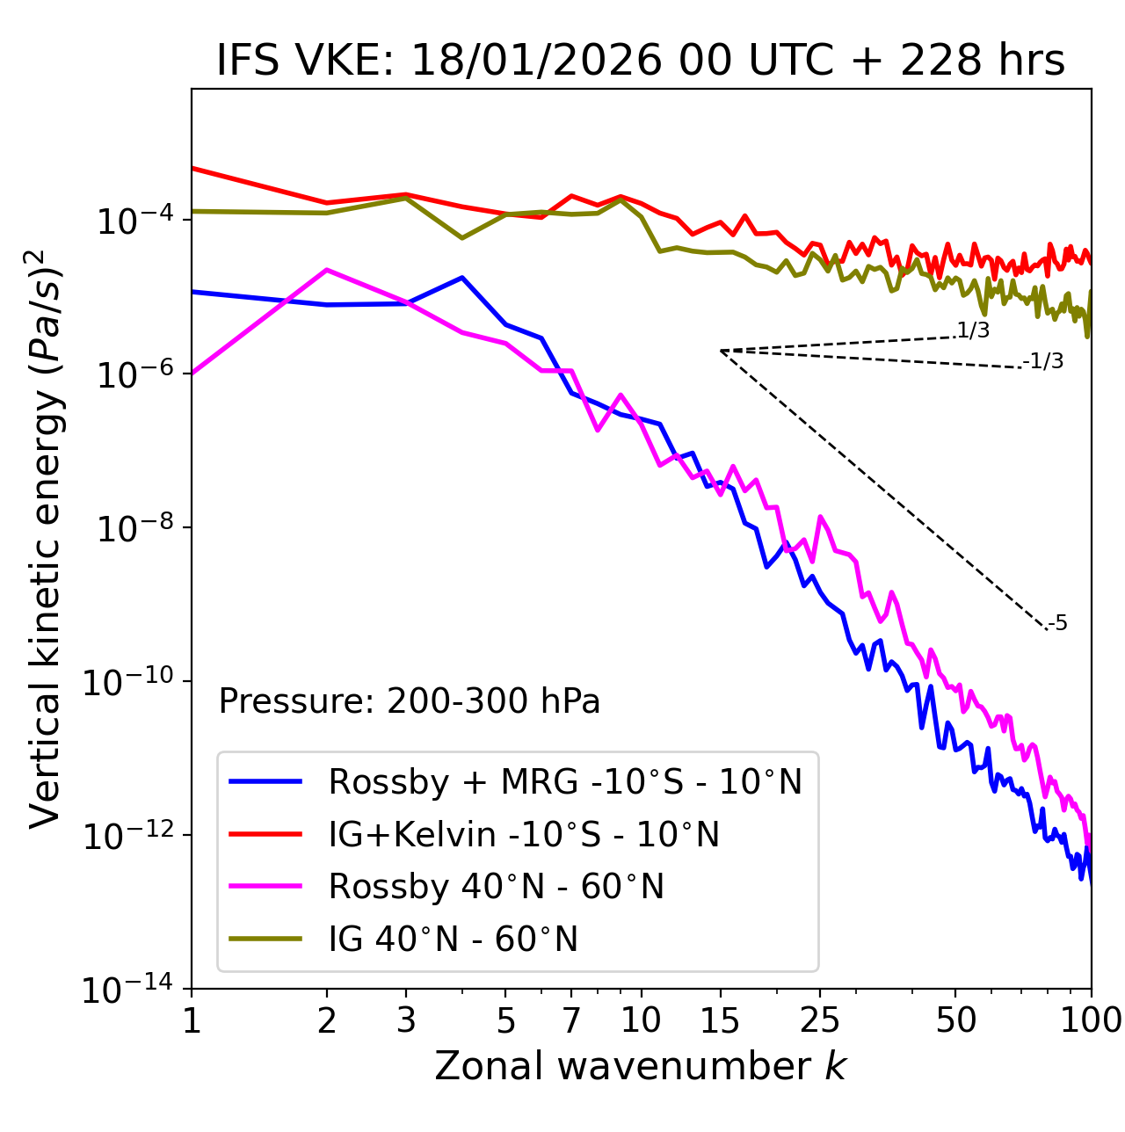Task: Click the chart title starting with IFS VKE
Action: tap(641, 62)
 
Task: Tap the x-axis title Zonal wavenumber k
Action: tap(641, 1065)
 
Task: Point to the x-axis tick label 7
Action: tap(571, 1020)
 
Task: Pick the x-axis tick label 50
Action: tap(955, 1020)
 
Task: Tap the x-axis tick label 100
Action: tap(1091, 1020)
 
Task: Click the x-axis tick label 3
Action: tap(406, 1020)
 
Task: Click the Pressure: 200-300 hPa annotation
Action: tap(410, 701)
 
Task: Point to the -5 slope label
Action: tap(1057, 624)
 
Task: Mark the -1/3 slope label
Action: tap(1043, 361)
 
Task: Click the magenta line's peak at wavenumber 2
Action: tap(327, 270)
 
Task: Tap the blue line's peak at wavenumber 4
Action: tap(462, 278)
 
